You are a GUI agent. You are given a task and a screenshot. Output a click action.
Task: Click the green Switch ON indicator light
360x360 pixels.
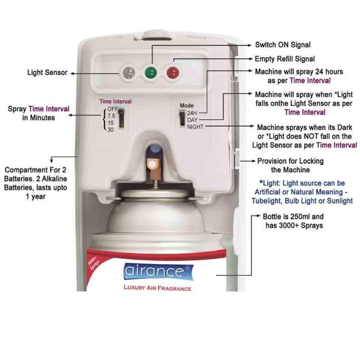click(151, 72)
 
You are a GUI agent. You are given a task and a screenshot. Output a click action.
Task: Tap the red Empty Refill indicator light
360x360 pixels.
click(173, 72)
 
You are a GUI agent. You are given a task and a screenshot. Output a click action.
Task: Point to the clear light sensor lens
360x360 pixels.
click(129, 72)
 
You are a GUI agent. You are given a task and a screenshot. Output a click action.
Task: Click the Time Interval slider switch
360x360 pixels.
click(121, 118)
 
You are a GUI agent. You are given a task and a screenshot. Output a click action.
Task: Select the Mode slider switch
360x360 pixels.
click(182, 118)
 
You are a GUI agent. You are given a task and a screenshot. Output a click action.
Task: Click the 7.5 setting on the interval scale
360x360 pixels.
click(111, 116)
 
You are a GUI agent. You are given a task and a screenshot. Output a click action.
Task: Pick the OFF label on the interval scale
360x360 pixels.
click(113, 109)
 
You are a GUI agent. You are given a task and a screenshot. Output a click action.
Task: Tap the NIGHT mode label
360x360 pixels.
click(195, 127)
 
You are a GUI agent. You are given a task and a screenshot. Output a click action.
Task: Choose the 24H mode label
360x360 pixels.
click(192, 113)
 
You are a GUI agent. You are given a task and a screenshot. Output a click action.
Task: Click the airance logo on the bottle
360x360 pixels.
click(158, 272)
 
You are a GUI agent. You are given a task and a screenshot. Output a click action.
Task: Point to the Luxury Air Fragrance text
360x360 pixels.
click(157, 288)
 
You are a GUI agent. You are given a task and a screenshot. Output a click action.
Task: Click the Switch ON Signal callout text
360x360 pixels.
click(283, 45)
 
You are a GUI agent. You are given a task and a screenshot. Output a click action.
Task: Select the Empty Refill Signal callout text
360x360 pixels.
click(285, 59)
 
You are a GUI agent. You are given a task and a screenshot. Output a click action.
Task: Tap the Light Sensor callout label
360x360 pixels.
click(47, 72)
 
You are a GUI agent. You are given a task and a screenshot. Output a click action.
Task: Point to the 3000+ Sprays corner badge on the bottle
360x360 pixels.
click(94, 262)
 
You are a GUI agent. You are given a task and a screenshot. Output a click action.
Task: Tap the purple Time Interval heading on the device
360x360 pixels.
click(116, 102)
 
